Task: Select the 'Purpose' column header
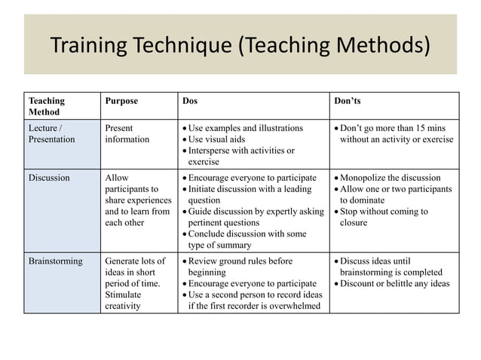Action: coord(121,100)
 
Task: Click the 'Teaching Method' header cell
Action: coord(46,105)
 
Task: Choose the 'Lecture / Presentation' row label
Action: coord(51,133)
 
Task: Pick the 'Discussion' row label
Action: coord(49,178)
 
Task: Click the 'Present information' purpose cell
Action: coord(127,133)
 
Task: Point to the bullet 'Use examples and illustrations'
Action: coord(245,128)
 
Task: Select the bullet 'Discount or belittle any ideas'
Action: coord(395,283)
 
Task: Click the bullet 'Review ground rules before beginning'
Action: coord(240,267)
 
